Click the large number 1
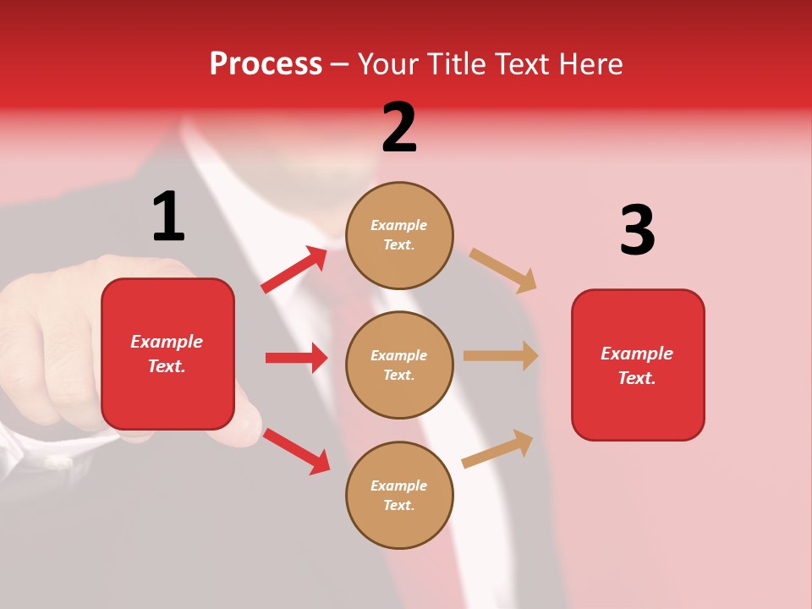pos(168,217)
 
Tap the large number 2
pos(399,128)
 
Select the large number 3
pos(637,230)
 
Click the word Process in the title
pos(266,63)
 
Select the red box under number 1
pos(167,354)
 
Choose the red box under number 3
pos(638,365)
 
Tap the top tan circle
pos(399,235)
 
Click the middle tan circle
pos(399,365)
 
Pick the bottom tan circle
pos(399,495)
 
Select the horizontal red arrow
pos(296,358)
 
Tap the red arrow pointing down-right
pos(297,451)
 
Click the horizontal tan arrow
pos(501,356)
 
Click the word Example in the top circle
pos(398,225)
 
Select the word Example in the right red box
pos(637,354)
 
